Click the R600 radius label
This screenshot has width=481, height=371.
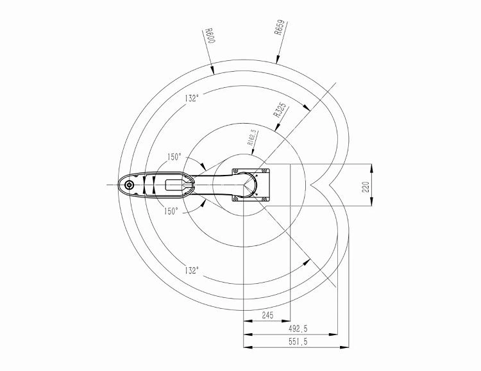pyautogui.click(x=210, y=36)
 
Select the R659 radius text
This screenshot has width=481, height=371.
pyautogui.click(x=280, y=28)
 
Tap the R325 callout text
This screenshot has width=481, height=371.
pyautogui.click(x=280, y=110)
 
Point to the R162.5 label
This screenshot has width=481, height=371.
pyautogui.click(x=253, y=137)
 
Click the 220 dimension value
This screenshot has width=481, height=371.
pyautogui.click(x=366, y=186)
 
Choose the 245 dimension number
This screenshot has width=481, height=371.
pyautogui.click(x=267, y=315)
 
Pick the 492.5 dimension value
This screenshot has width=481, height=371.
pyautogui.click(x=298, y=329)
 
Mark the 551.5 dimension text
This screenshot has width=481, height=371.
pyautogui.click(x=298, y=342)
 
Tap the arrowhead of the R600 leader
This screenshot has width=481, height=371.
pyautogui.click(x=212, y=70)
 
